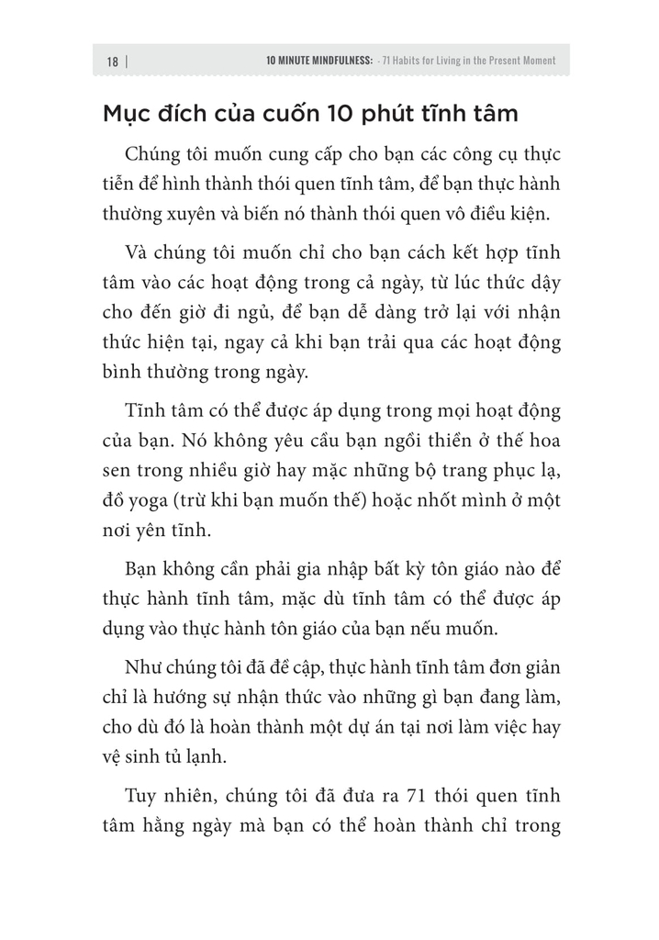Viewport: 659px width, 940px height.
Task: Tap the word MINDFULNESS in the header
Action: (340, 62)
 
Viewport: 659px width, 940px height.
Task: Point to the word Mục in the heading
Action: (127, 115)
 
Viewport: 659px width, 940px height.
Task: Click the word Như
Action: (139, 666)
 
